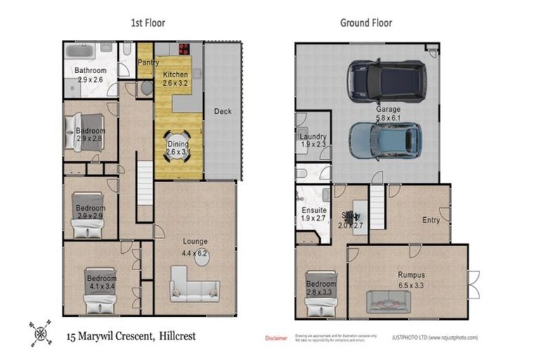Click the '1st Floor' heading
pyautogui.click(x=147, y=22)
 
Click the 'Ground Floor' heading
pyautogui.click(x=366, y=22)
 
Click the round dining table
pyautogui.click(x=177, y=146)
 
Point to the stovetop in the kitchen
pyautogui.click(x=185, y=49)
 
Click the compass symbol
pyautogui.click(x=40, y=332)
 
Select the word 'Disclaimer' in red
pyautogui.click(x=276, y=338)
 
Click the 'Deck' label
pyautogui.click(x=222, y=111)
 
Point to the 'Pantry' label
pyautogui.click(x=148, y=63)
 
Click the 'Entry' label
pyautogui.click(x=431, y=220)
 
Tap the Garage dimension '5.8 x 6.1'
pyautogui.click(x=388, y=119)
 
